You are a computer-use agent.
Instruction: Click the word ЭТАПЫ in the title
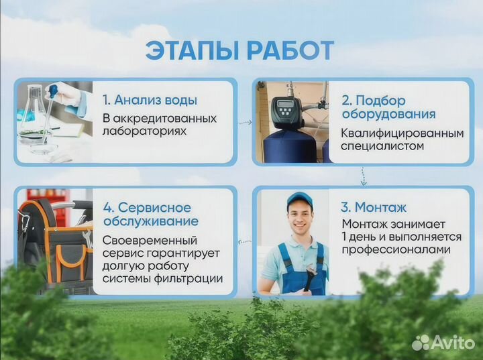[190, 52]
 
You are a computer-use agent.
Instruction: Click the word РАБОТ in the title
[290, 52]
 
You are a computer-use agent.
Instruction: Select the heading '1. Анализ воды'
[150, 101]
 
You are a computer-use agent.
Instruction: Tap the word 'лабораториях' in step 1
[144, 132]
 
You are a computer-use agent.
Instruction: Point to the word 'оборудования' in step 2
[388, 115]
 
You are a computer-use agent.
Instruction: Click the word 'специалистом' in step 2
[382, 146]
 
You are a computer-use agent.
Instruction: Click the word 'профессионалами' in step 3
[392, 250]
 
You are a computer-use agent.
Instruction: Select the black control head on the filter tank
[284, 109]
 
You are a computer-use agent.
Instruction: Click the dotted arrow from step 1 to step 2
[245, 122]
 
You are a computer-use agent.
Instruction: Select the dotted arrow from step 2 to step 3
[364, 176]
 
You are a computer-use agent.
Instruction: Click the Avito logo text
[450, 343]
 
